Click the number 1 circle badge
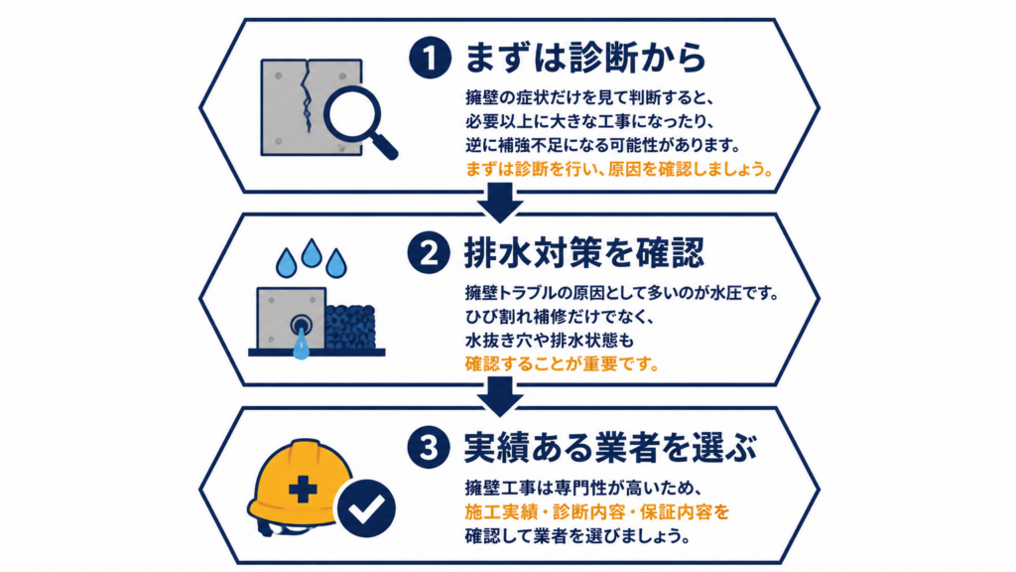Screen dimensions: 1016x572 pyautogui.click(x=430, y=57)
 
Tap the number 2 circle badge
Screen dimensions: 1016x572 pyautogui.click(x=429, y=252)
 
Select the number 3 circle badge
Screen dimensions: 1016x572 pyautogui.click(x=429, y=447)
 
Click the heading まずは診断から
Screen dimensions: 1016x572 pyautogui.click(x=585, y=57)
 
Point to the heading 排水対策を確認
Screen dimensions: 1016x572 pyautogui.click(x=583, y=252)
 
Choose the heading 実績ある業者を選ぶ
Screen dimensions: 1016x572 pyautogui.click(x=610, y=448)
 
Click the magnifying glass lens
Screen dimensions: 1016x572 pyautogui.click(x=352, y=114)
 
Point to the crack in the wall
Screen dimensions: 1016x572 pyautogui.click(x=306, y=96)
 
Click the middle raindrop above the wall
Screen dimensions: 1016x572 pyautogui.click(x=311, y=253)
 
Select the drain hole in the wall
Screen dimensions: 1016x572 pyautogui.click(x=300, y=325)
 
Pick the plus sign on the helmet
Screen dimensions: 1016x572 pyautogui.click(x=303, y=489)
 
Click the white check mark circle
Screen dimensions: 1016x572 pyautogui.click(x=367, y=508)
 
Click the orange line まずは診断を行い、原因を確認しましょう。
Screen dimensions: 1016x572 pyautogui.click(x=620, y=169)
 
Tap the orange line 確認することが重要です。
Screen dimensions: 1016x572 pyautogui.click(x=562, y=363)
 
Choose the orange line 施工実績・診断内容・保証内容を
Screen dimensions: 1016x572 pyautogui.click(x=596, y=511)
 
